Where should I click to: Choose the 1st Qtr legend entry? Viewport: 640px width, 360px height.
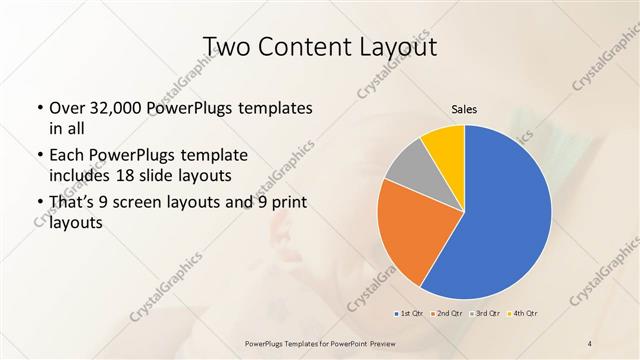[407, 313]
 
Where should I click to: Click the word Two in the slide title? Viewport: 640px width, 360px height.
[226, 47]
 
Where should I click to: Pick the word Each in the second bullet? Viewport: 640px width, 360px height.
[67, 156]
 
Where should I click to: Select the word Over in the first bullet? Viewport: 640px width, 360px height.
[67, 108]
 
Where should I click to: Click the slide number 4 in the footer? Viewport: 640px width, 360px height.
[590, 344]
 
